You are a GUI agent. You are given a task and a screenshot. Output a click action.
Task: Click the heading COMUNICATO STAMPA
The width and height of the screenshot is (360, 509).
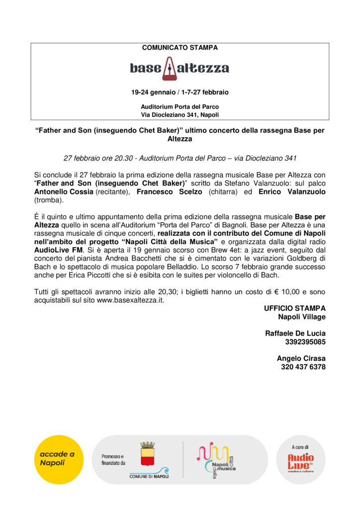[x=180, y=48]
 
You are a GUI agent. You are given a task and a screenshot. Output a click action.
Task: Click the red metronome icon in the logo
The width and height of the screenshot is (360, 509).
[x=169, y=69]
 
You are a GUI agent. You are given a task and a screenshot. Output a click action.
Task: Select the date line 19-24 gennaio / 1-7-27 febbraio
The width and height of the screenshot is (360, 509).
[x=180, y=92]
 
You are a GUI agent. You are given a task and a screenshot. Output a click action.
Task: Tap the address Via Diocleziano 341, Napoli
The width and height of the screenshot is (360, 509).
[x=180, y=115]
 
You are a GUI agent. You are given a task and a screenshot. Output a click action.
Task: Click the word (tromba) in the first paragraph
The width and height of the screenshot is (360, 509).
[x=49, y=200]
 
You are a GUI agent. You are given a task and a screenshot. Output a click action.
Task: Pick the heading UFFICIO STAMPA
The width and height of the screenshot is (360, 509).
[x=295, y=308]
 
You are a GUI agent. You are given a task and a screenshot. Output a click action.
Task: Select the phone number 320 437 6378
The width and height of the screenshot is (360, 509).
[x=303, y=367]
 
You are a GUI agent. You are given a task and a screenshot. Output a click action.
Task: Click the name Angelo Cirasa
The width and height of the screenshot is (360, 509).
[x=301, y=358]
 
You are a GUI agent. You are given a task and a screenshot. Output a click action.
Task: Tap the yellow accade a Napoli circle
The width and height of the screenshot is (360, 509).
[x=60, y=459]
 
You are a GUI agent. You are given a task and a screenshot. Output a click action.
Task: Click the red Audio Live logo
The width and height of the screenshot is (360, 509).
[x=301, y=462]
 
